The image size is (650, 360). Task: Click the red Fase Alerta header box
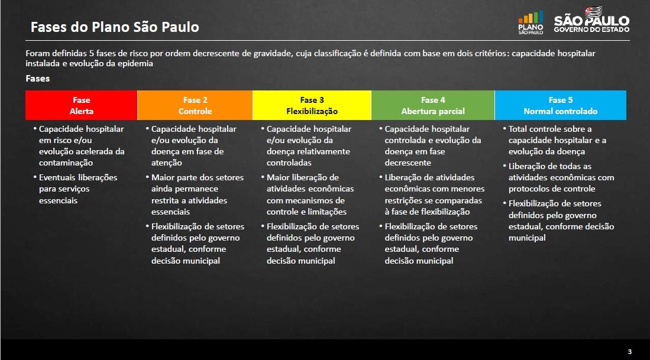coord(81,105)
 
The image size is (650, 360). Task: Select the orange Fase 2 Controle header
coord(195,105)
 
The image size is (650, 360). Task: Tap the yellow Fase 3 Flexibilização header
coord(312,105)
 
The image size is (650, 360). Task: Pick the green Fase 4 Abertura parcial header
coord(433,105)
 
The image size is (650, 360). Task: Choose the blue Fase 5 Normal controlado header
coord(561,105)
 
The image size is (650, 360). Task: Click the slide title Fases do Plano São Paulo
coord(115,27)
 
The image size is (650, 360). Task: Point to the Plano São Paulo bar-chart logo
coord(531,22)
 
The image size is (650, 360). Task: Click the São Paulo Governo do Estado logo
coord(591,20)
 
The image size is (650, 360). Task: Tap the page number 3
coord(630,352)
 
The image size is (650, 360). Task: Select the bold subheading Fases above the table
coord(38,78)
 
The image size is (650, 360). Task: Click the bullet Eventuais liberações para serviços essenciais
coord(75,189)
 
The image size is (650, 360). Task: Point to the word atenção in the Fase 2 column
coord(167,163)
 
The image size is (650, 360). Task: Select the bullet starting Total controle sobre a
coord(555,141)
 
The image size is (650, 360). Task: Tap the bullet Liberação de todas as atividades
coord(558,177)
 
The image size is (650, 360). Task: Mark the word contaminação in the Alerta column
coord(66,163)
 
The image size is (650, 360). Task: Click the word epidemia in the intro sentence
coord(135,63)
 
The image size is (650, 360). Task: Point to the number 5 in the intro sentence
coord(91,53)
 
